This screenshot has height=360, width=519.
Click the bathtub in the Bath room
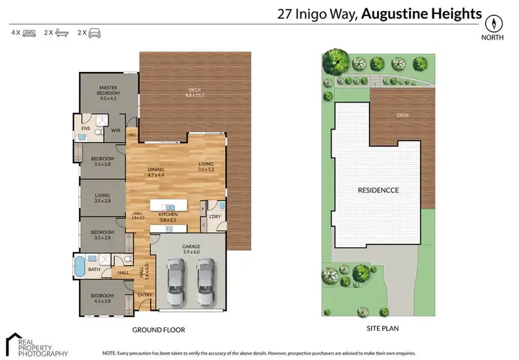point(80,267)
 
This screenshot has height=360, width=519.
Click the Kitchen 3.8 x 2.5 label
point(168,217)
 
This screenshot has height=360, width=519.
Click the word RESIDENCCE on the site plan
point(378,189)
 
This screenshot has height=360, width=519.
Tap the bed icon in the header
point(28,33)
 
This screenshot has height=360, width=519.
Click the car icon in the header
point(94,33)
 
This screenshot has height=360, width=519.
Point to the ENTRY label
point(145,296)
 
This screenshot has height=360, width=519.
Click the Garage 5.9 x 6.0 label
point(191,249)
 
